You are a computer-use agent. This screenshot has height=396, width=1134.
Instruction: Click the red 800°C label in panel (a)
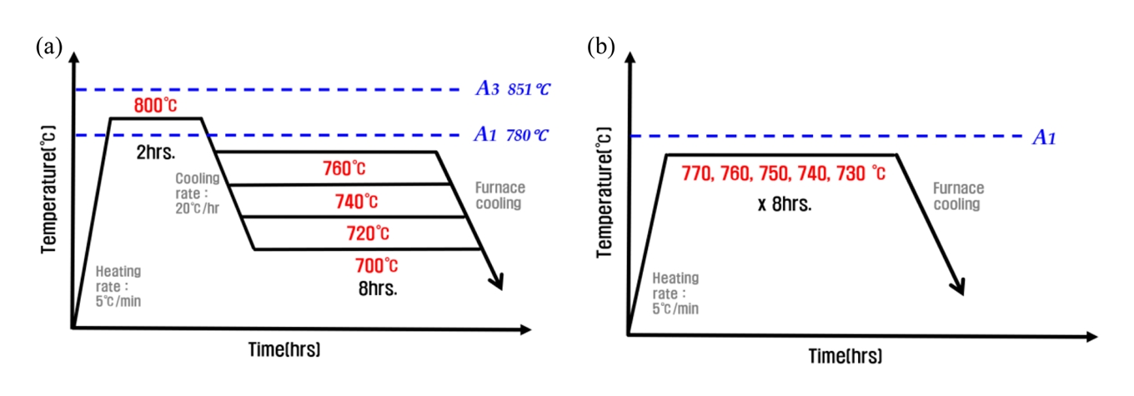(155, 106)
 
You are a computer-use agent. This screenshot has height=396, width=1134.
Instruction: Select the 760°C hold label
(344, 168)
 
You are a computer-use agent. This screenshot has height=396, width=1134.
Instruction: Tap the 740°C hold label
(355, 201)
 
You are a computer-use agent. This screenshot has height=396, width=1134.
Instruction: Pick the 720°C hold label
(368, 233)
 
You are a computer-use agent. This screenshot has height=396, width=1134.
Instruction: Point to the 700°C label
(376, 266)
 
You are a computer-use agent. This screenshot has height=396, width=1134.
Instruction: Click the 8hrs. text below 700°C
(376, 291)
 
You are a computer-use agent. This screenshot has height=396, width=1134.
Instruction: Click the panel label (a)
(48, 47)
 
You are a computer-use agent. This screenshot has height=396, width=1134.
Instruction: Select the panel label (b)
(601, 47)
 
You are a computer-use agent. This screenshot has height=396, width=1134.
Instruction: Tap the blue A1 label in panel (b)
(1044, 138)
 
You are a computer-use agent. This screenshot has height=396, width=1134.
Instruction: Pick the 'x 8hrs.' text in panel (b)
(784, 203)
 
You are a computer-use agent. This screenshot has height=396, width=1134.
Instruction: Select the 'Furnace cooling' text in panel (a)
(499, 195)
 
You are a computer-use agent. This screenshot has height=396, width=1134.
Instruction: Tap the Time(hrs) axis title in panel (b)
(845, 355)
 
